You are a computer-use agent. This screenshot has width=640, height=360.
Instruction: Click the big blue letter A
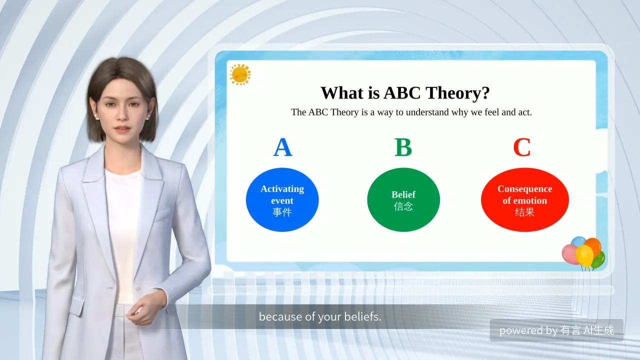pos(282,147)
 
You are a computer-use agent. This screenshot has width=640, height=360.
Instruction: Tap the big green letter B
pos(403,147)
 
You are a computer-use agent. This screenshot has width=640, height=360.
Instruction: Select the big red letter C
pos(522,147)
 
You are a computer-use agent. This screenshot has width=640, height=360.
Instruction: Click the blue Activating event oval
pos(282,199)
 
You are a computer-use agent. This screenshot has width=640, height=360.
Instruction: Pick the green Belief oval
pos(403,199)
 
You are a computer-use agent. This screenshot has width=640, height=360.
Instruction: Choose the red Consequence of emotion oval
pos(525,199)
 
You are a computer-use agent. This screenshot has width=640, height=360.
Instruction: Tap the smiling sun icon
pos(240,74)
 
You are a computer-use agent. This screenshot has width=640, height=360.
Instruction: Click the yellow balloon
pos(584,256)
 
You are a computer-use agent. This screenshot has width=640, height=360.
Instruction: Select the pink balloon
pos(569,254)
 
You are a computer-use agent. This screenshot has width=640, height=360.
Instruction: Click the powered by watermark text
pos(556,330)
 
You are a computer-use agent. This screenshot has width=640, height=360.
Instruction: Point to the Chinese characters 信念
pos(403,206)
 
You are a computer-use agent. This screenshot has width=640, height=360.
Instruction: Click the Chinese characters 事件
pos(282,212)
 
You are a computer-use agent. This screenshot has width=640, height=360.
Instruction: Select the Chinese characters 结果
pos(524,212)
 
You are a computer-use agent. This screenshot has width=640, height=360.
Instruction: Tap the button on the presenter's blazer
pos(137,287)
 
